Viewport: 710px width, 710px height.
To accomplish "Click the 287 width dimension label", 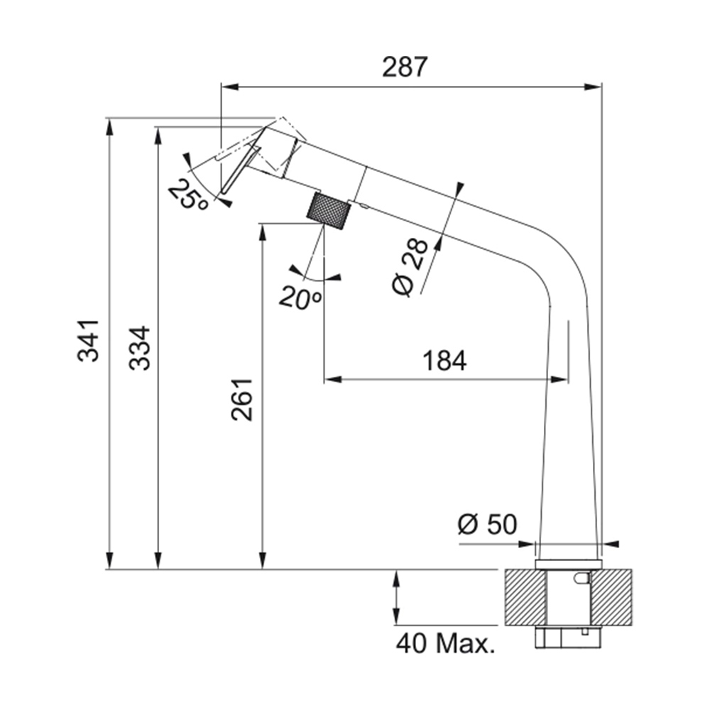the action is (405, 67).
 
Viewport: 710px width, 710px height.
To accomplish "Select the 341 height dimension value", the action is (88, 341).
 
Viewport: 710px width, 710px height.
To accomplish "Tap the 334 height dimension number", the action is (139, 348).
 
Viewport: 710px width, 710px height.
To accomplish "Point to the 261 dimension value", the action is (242, 400).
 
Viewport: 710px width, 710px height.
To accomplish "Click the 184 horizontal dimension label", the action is (444, 361).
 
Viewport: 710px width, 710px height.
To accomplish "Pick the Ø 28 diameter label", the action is (410, 267).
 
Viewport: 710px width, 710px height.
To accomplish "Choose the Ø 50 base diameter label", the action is (487, 525).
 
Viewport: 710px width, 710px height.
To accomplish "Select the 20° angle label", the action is (300, 297).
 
